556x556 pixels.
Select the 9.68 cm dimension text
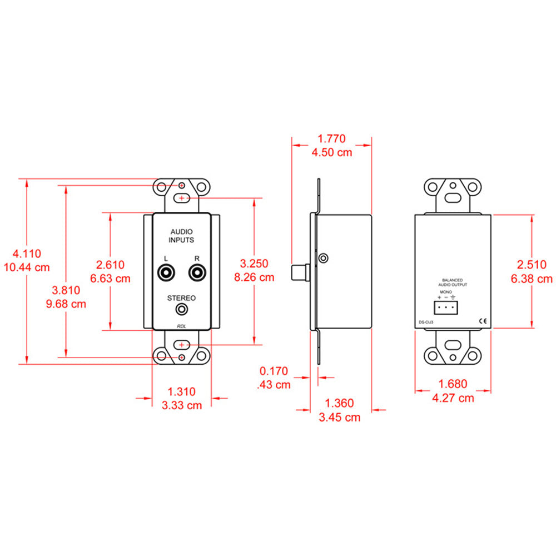click(x=67, y=304)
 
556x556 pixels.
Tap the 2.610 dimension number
click(x=110, y=265)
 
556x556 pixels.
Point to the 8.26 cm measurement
click(x=254, y=276)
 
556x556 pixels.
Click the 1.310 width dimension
click(x=181, y=391)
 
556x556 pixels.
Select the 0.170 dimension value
click(x=275, y=370)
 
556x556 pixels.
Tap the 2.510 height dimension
click(x=532, y=265)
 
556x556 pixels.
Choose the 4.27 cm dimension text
click(x=453, y=398)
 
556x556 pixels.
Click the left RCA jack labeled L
click(x=166, y=273)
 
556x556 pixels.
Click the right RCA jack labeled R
click(x=197, y=273)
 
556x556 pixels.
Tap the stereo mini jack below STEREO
click(x=181, y=309)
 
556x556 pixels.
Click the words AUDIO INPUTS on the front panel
click(x=181, y=236)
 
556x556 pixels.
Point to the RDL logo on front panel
click(x=181, y=326)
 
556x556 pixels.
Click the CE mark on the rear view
click(x=483, y=321)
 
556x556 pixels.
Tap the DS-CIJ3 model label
click(x=425, y=321)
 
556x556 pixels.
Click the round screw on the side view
click(x=324, y=257)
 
